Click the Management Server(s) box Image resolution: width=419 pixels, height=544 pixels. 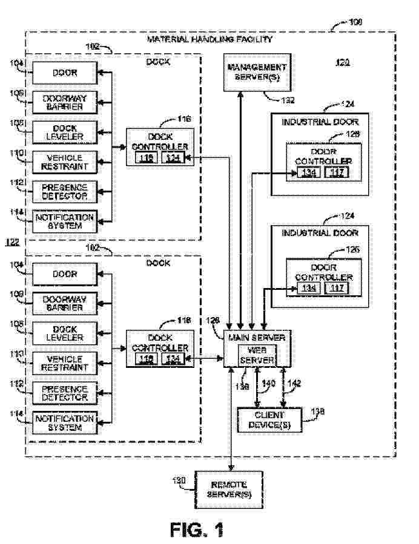tap(256, 71)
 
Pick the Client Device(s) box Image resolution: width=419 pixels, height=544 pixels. tap(269, 419)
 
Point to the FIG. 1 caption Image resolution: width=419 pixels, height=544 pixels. tap(197, 529)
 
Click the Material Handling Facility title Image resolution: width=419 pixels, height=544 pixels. tap(210, 39)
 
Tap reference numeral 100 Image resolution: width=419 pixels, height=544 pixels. tap(357, 22)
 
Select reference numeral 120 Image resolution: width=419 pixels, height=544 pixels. tap(342, 62)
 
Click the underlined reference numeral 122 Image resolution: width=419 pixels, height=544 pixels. tap(12, 243)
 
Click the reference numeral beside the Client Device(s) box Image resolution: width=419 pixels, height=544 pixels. tap(317, 411)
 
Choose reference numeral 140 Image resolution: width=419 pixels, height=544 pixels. tap(269, 382)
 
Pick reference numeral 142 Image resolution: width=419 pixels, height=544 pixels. tap(294, 382)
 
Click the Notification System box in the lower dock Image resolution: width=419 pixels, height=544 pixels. tap(64, 422)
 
